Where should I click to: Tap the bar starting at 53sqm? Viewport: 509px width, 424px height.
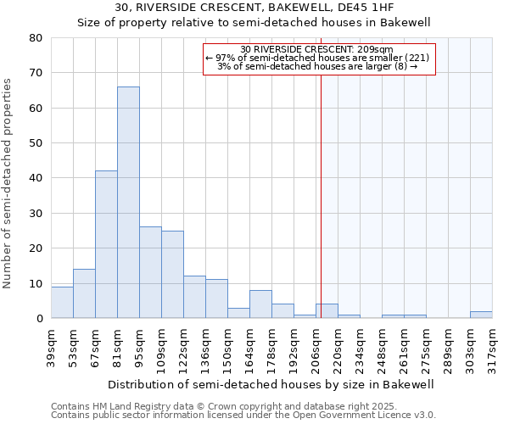[x=84, y=293]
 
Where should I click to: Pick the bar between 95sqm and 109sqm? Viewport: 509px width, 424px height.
[x=150, y=272]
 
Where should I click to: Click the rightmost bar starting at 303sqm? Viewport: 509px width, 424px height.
[x=481, y=315]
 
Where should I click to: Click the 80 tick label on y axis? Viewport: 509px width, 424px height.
[x=36, y=38]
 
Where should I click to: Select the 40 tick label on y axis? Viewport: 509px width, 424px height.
[x=36, y=178]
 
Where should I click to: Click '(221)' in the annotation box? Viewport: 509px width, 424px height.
[x=416, y=58]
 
